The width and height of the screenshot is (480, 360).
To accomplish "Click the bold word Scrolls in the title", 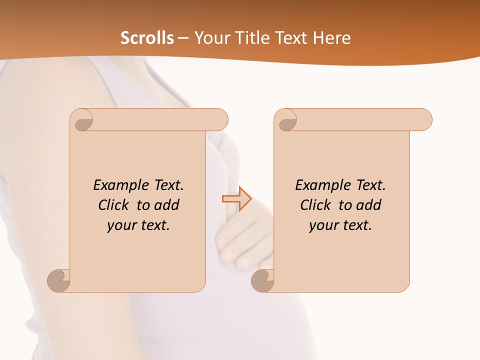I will (147, 38).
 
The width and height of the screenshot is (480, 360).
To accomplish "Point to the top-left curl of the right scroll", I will (287, 120).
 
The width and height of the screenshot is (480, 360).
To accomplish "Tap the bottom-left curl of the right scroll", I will (263, 280).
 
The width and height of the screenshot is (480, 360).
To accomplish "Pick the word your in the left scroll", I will (121, 225).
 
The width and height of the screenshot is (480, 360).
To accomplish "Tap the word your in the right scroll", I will (323, 225).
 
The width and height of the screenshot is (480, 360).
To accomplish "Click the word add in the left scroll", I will (167, 205).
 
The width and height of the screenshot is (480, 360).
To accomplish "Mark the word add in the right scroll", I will (369, 205).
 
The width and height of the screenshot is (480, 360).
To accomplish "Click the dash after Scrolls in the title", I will (183, 38).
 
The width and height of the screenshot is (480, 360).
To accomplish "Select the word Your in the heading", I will (210, 38).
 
